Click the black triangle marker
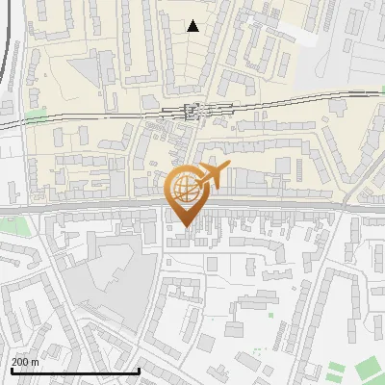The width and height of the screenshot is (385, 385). coord(193,26)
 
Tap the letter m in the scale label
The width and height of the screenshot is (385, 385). coord(36,362)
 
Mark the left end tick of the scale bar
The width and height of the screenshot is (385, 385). coord(11,370)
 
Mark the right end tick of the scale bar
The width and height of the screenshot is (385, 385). coord(140,370)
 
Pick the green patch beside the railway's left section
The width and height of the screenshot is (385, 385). coord(36,116)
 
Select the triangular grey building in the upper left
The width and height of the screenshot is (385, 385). coord(82,67)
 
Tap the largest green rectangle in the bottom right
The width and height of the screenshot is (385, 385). coord(369,369)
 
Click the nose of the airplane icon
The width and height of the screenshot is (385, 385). coord(228,167)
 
